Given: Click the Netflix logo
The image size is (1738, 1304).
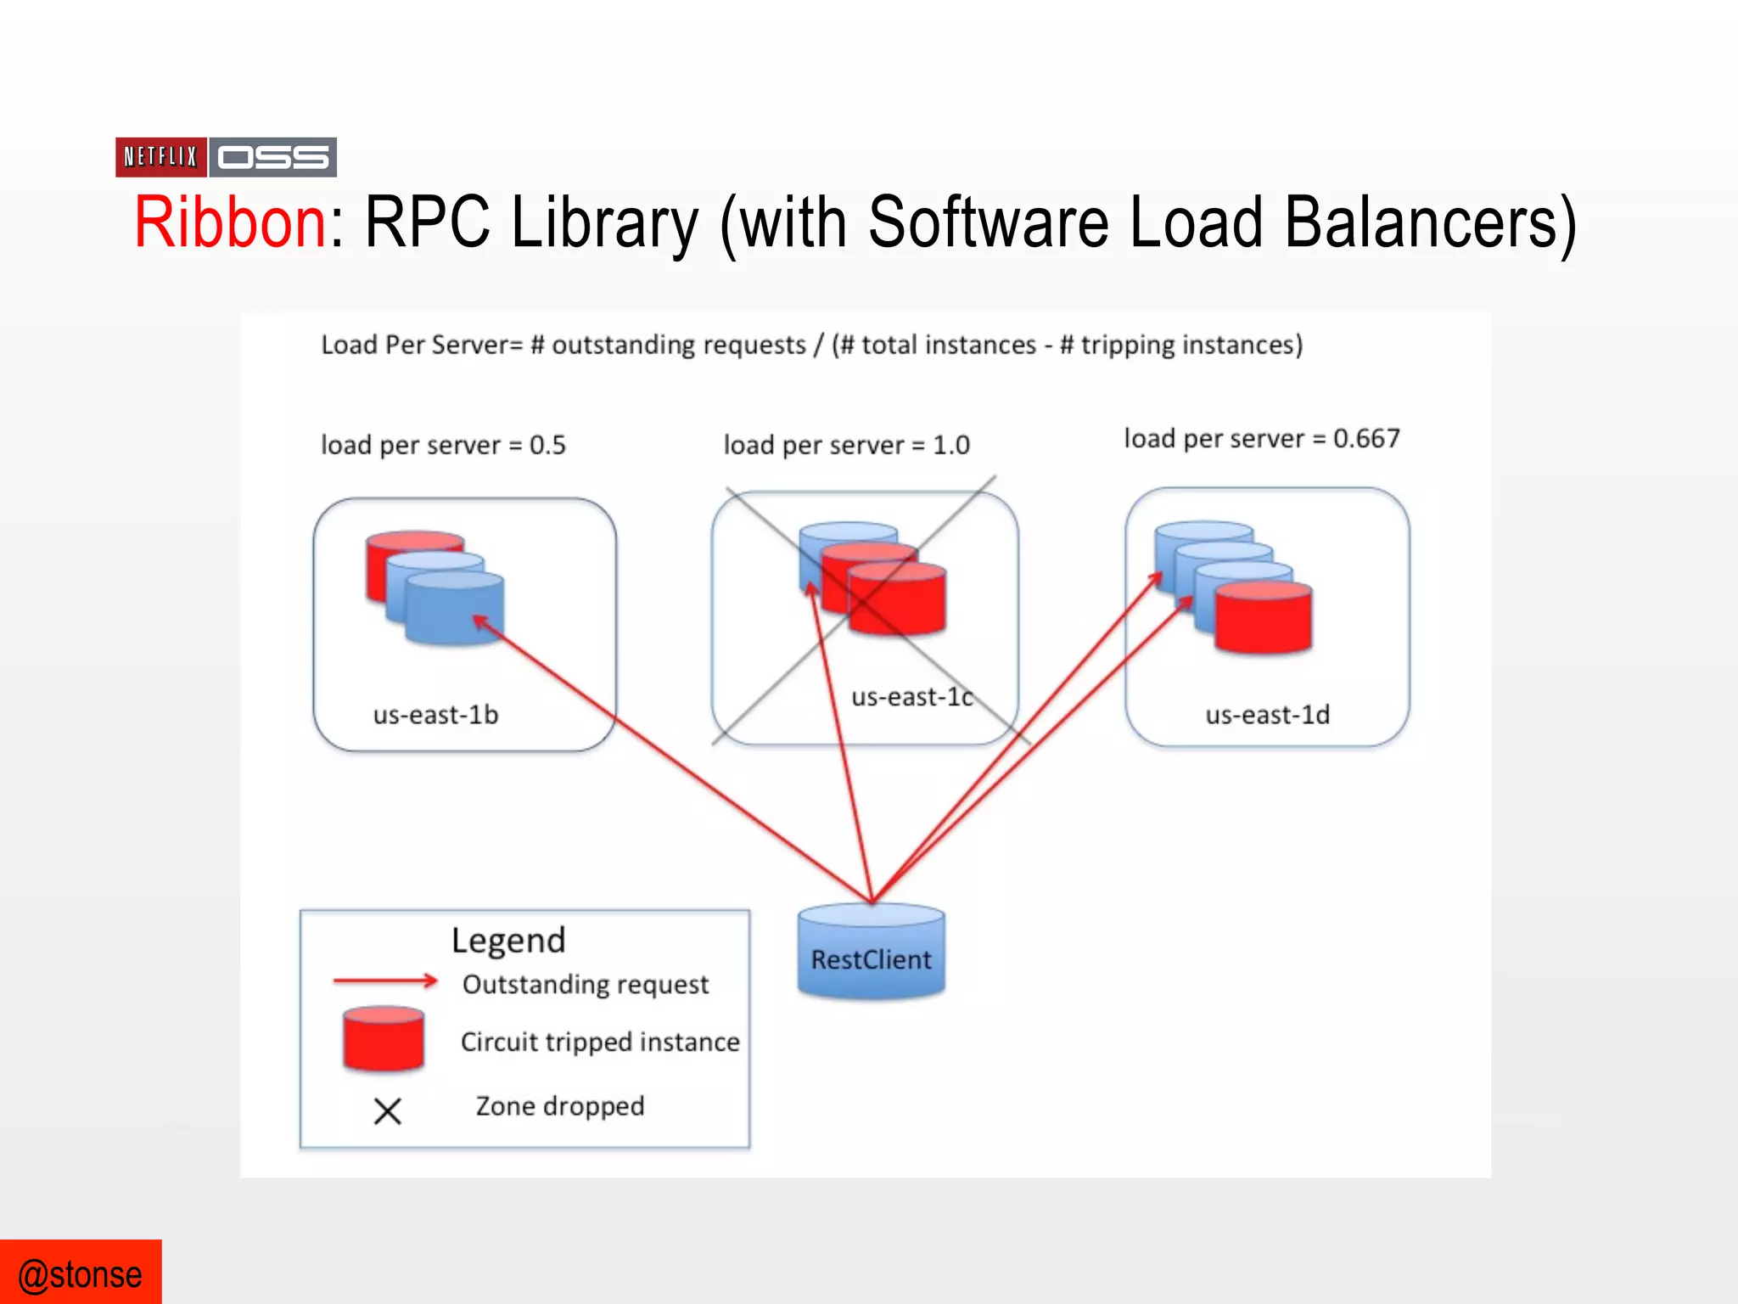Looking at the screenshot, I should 160,157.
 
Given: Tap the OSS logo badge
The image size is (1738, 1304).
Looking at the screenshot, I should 272,157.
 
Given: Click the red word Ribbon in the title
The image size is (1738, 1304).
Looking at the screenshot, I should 230,222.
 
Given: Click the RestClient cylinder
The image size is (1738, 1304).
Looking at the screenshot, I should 871,953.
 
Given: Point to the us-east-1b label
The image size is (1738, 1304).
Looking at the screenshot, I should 435,715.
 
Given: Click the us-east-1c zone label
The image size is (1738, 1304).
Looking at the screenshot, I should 912,697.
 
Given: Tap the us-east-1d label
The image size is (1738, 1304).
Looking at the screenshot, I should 1267,715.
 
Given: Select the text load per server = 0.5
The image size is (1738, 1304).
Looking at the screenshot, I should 442,445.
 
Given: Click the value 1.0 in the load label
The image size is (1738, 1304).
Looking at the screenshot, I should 950,445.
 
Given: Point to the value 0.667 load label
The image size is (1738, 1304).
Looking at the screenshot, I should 1365,438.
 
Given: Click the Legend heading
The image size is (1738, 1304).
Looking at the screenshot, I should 508,940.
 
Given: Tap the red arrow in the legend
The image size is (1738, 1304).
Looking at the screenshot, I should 385,981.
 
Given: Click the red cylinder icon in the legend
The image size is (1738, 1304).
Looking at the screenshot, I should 384,1039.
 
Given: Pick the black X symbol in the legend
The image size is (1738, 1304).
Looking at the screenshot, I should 387,1110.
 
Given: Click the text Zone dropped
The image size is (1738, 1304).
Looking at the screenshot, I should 559,1105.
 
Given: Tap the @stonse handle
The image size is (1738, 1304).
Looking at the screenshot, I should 80,1274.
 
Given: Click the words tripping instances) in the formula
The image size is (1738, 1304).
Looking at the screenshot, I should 1191,345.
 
